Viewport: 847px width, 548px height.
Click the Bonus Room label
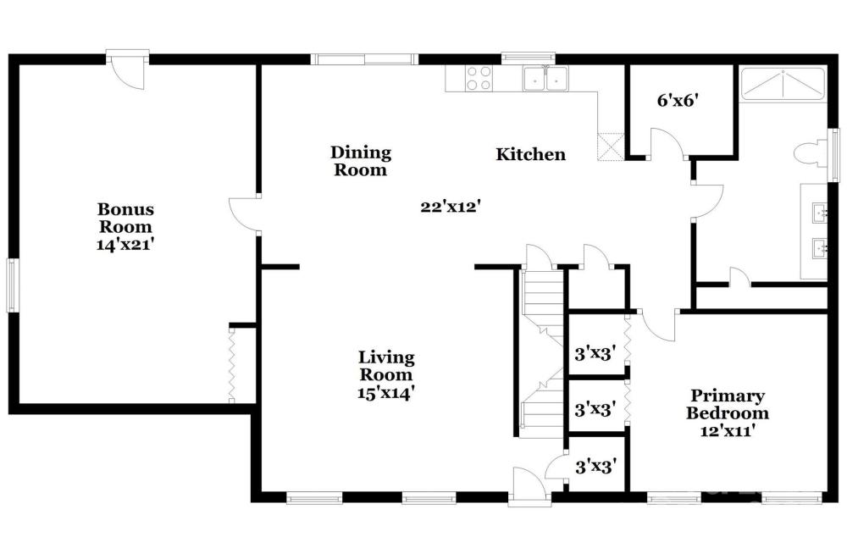click(x=125, y=218)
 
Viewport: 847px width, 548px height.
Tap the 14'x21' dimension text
click(x=125, y=244)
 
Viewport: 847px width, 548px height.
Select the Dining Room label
click(x=361, y=161)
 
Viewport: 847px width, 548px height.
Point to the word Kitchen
click(x=530, y=154)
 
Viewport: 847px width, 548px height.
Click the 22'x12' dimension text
click(x=451, y=207)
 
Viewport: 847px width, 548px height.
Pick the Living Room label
click(x=386, y=365)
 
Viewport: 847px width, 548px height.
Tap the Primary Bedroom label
click(x=728, y=404)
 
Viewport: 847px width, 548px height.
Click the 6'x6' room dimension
click(x=678, y=101)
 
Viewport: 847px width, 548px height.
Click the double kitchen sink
click(x=545, y=79)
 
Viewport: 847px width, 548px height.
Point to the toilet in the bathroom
click(x=811, y=153)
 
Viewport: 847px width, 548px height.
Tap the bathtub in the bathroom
click(x=782, y=84)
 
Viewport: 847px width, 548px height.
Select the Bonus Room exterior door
click(x=128, y=69)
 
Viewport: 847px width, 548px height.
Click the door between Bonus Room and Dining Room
click(x=244, y=215)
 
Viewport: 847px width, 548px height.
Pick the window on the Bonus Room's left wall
click(x=11, y=285)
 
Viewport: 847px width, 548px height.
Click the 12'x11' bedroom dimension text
click(x=728, y=431)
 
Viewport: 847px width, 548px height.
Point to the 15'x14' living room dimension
click(x=386, y=393)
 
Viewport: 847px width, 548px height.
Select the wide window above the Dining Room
click(x=364, y=59)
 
